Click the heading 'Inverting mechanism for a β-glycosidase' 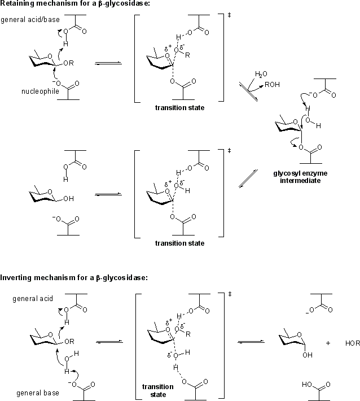point(74,277)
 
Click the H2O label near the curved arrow point(261,74)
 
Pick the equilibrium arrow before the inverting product point(249,341)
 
